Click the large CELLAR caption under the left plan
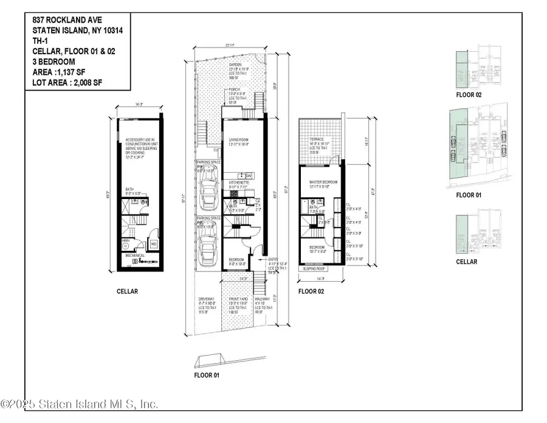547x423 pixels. tap(127, 292)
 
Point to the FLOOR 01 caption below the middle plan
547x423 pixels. tap(207, 376)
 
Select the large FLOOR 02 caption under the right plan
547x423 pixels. tap(312, 292)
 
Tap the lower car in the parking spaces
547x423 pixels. tap(207, 246)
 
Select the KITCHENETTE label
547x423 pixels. tap(237, 181)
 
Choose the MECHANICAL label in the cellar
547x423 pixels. tap(135, 256)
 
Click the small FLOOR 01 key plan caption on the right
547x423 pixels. tap(469, 196)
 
